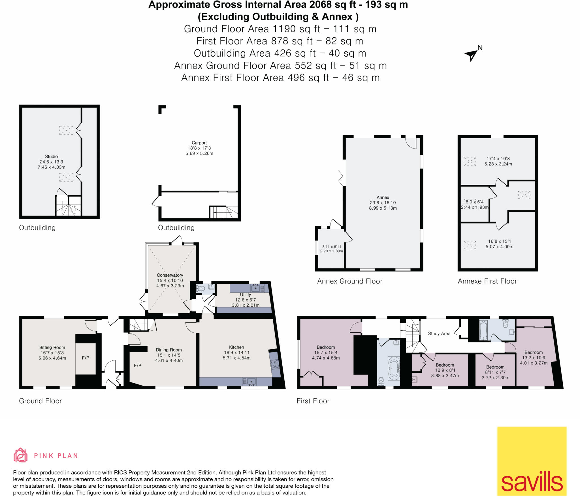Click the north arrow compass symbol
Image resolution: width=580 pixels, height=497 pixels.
pyautogui.click(x=471, y=54)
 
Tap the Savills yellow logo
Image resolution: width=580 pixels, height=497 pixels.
pyautogui.click(x=532, y=461)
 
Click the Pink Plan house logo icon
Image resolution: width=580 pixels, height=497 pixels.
pyautogui.click(x=20, y=455)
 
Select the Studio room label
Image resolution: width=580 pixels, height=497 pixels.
pyautogui.click(x=51, y=156)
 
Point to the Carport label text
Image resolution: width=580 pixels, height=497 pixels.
pyautogui.click(x=199, y=143)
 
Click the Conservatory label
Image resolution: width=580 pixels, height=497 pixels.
pyautogui.click(x=170, y=275)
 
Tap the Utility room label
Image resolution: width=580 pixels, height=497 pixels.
pyautogui.click(x=245, y=294)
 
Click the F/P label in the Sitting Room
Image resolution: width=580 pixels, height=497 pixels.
pyautogui.click(x=86, y=358)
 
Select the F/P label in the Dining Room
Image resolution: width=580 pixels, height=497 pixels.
pyautogui.click(x=138, y=365)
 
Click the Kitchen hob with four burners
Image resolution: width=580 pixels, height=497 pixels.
pyautogui.click(x=275, y=364)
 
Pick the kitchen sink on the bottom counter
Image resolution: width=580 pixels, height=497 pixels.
pyautogui.click(x=250, y=382)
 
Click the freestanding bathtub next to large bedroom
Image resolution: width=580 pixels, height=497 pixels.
pyautogui.click(x=394, y=369)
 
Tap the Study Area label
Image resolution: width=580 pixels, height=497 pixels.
pyautogui.click(x=439, y=334)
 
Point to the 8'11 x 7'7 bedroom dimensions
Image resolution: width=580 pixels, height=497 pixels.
pyautogui.click(x=495, y=372)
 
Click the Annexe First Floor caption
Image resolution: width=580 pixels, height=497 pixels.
pyautogui.click(x=487, y=281)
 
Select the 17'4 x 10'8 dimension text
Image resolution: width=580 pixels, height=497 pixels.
pyautogui.click(x=498, y=159)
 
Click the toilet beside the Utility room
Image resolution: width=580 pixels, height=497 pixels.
pyautogui.click(x=201, y=289)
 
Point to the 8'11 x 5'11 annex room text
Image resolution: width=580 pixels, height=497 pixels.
pyautogui.click(x=331, y=247)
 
